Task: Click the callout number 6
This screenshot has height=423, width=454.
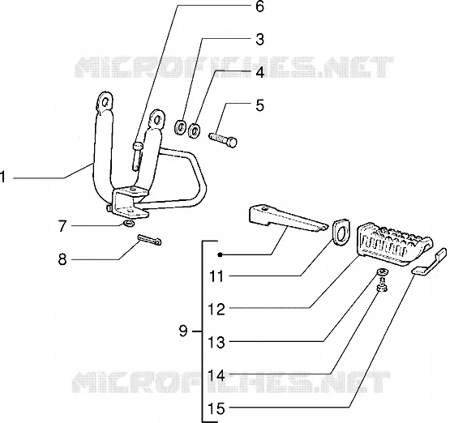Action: (x=259, y=6)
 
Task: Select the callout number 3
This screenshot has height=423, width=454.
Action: (x=259, y=40)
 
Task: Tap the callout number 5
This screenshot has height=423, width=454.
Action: (x=259, y=105)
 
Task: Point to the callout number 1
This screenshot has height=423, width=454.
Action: (x=3, y=177)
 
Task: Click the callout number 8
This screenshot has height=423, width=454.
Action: (x=62, y=259)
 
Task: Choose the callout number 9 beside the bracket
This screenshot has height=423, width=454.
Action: (x=183, y=331)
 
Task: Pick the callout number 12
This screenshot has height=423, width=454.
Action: (x=216, y=310)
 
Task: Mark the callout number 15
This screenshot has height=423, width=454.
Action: (x=216, y=409)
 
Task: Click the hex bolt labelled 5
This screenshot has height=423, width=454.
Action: (x=223, y=139)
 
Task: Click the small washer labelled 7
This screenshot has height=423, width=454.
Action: (x=129, y=224)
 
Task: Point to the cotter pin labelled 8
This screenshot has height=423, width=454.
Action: (x=150, y=240)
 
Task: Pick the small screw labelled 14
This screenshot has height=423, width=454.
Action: (x=383, y=285)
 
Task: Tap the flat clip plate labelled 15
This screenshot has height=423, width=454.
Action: (x=430, y=262)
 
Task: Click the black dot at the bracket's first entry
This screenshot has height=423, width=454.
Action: (x=221, y=254)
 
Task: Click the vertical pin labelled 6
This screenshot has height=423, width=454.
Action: (x=137, y=156)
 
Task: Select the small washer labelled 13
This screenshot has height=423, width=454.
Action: (x=383, y=271)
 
